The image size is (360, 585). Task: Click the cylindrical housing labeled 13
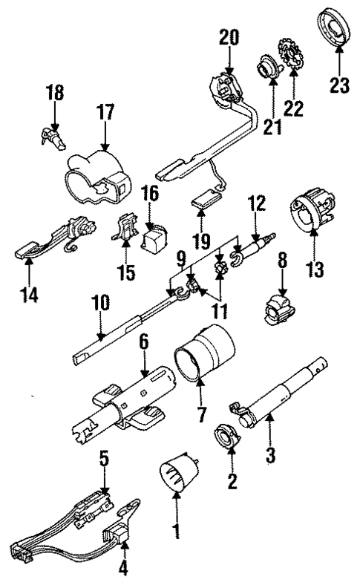click(311, 208)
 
